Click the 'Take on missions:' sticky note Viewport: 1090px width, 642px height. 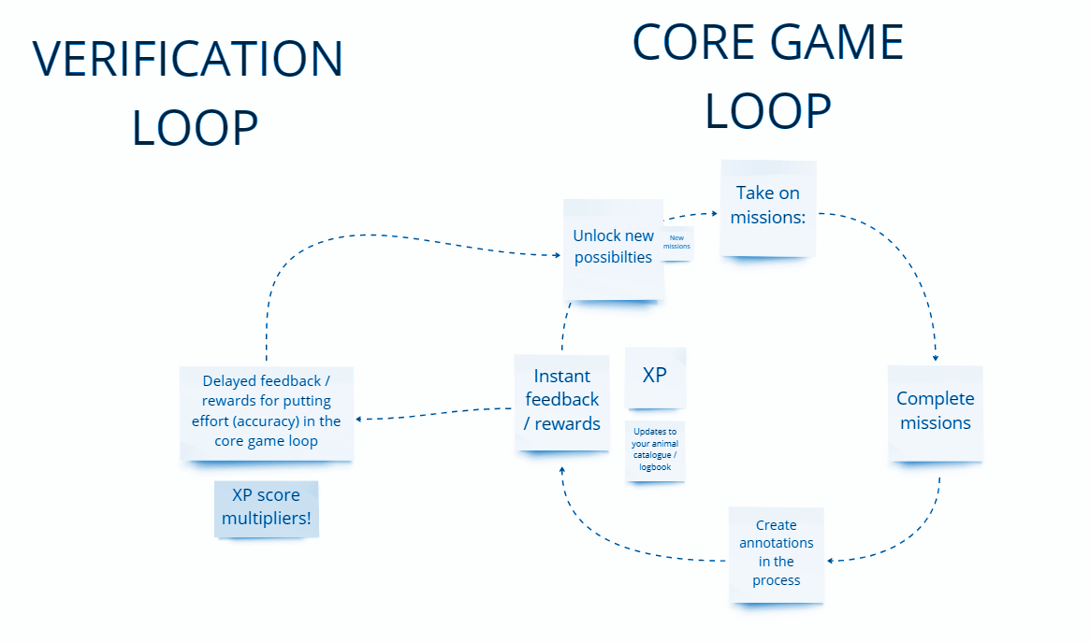768,208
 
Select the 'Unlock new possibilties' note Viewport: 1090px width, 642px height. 613,250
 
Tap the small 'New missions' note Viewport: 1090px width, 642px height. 677,243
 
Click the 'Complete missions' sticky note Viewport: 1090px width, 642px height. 936,413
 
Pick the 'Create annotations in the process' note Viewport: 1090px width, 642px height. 777,555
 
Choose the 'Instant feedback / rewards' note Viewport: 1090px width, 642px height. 561,403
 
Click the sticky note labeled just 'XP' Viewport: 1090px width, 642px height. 655,378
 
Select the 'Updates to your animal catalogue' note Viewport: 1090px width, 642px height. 655,450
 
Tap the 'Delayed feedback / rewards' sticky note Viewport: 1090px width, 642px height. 267,414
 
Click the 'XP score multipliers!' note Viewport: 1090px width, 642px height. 267,508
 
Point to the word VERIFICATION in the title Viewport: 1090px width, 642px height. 188,59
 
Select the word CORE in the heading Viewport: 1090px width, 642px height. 694,42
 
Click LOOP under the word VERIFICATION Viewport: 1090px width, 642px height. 196,128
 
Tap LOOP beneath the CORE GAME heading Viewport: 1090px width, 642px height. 768,111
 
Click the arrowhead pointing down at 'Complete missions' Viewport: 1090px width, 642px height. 936,358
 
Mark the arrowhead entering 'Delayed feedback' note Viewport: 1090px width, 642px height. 358,419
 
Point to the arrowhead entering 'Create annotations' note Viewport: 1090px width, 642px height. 831,560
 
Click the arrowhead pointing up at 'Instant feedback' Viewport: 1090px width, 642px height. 561,471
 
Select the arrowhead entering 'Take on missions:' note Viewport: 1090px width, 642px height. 715,214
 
